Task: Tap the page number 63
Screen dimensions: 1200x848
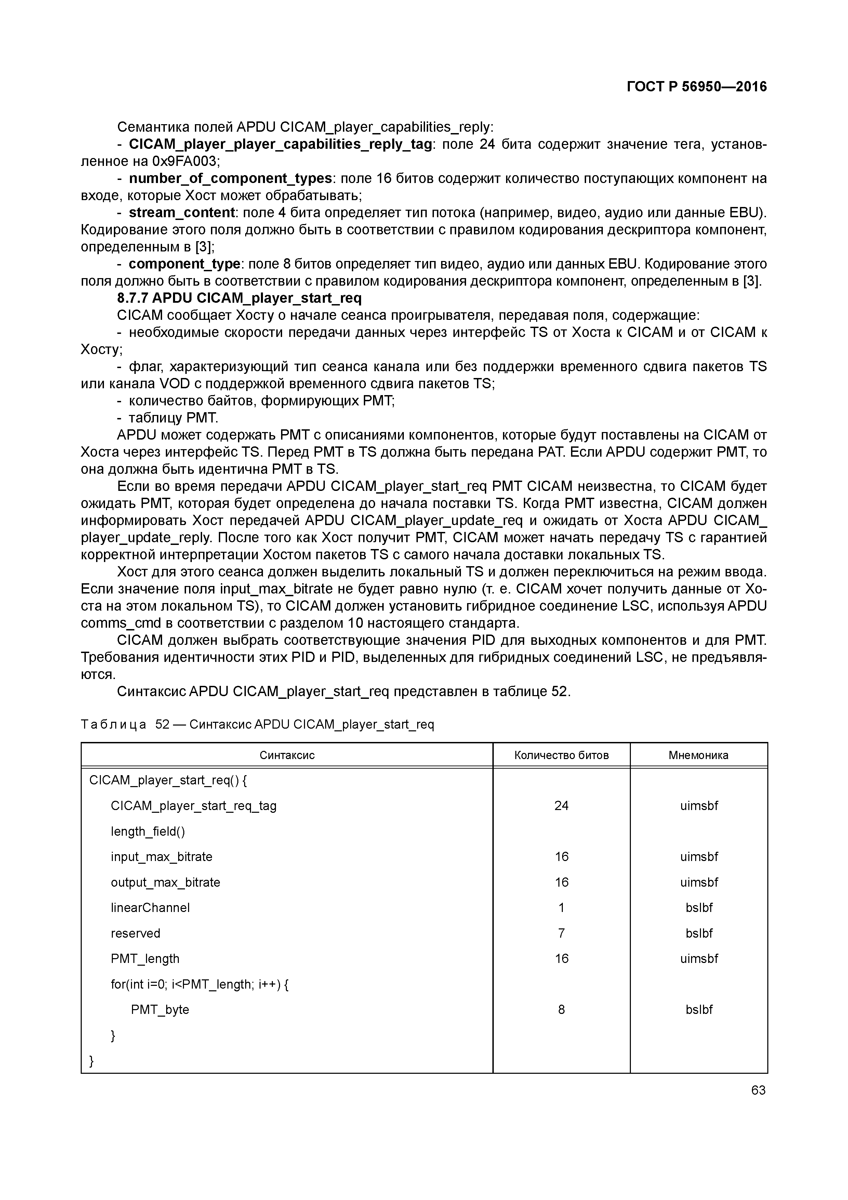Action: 758,1090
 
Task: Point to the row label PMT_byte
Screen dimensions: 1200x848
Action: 160,1010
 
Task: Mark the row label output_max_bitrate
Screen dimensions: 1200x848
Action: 165,882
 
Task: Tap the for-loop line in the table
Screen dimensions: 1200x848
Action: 200,985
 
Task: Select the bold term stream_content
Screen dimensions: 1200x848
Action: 181,213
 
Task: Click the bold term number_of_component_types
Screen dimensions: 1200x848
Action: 230,179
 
